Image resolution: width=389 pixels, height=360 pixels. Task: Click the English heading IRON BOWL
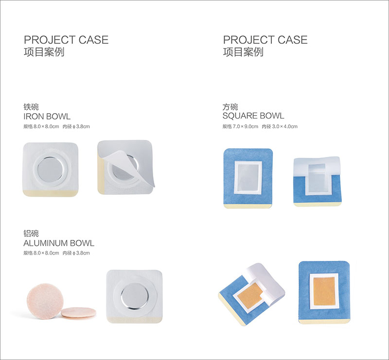click(47, 116)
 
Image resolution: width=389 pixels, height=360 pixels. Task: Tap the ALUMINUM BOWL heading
click(59, 243)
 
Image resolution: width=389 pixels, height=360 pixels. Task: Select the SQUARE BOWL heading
click(253, 116)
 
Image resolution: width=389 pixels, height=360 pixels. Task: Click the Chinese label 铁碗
click(31, 107)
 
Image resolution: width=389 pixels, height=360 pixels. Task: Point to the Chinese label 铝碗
click(31, 233)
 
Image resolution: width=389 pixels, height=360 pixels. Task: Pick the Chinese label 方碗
click(230, 107)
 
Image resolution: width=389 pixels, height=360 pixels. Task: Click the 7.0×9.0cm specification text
click(246, 126)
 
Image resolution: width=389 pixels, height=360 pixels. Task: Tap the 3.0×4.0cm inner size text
click(284, 126)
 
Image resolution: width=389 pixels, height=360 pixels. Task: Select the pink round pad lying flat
click(78, 312)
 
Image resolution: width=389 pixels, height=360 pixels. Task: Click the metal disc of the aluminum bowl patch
click(134, 296)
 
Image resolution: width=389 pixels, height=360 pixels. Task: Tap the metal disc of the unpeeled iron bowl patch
click(51, 170)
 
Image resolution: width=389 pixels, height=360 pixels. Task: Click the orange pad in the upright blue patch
click(324, 291)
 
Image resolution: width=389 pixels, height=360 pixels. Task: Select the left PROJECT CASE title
click(66, 40)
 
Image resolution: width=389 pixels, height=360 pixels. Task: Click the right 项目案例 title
click(243, 52)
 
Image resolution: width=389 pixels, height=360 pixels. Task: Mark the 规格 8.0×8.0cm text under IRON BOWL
click(41, 126)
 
